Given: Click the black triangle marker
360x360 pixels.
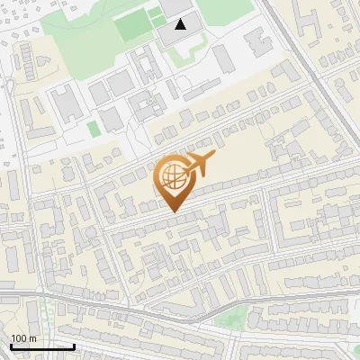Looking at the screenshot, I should [x=182, y=23].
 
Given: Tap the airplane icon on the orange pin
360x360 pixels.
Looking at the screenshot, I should [x=199, y=164].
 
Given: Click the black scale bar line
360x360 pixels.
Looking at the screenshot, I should [x=42, y=346].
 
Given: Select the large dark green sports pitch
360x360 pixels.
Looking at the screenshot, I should [x=132, y=27].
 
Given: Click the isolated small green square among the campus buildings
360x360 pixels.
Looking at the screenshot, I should [x=94, y=129].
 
